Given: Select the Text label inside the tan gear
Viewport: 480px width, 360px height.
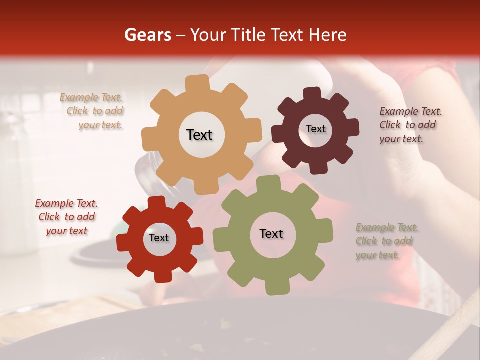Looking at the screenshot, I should coord(199,135).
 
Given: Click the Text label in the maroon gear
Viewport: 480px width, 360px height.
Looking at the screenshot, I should coord(315,129).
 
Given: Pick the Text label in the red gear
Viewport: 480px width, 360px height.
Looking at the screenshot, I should coord(159,238).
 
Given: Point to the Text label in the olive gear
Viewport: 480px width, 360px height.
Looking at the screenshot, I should coord(271,233).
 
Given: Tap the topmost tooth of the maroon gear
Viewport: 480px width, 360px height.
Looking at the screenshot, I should coord(312,93).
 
